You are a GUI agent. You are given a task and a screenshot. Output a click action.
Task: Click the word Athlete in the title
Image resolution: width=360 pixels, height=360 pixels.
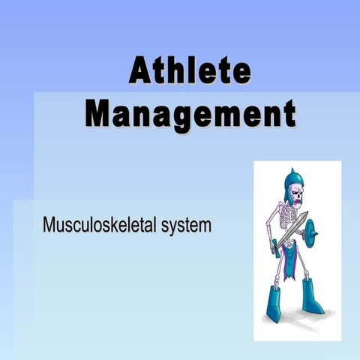click(x=189, y=73)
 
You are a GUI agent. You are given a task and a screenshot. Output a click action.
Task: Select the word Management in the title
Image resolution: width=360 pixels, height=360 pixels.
click(x=189, y=114)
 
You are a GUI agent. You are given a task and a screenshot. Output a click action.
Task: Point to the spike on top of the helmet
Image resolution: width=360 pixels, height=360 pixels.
click(x=288, y=172)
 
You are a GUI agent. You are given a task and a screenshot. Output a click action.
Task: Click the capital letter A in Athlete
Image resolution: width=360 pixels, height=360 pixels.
click(x=141, y=73)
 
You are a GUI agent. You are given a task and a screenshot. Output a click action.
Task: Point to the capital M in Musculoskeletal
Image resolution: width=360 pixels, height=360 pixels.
click(x=49, y=224)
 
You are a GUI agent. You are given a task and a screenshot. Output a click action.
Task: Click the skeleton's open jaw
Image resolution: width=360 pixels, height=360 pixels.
click(x=296, y=204)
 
